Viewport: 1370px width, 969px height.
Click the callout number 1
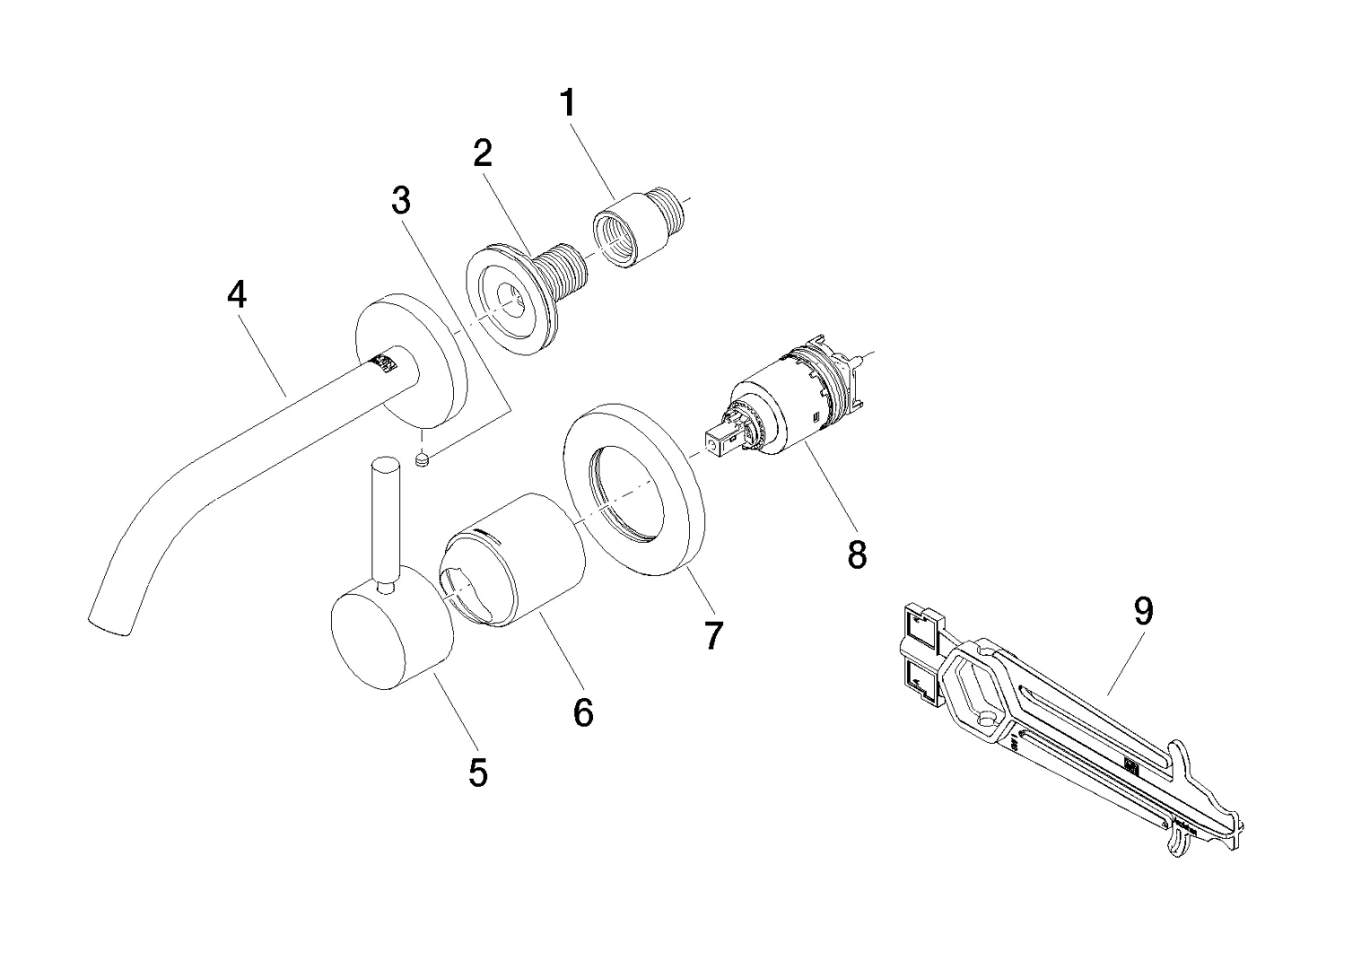click(x=567, y=103)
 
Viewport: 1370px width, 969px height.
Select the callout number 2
click(x=483, y=153)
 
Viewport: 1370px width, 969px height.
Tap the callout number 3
click(x=401, y=200)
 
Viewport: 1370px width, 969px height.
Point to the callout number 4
click(x=237, y=293)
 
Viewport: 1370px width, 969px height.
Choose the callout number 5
click(x=478, y=771)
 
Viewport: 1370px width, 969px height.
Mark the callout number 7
click(x=713, y=634)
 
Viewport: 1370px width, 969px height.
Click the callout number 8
click(x=857, y=554)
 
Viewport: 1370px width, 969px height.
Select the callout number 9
click(x=1143, y=611)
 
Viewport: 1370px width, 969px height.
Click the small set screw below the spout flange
click(x=424, y=459)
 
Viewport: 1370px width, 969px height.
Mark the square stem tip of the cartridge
click(x=716, y=441)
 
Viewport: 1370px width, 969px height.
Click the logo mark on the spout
click(x=385, y=362)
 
